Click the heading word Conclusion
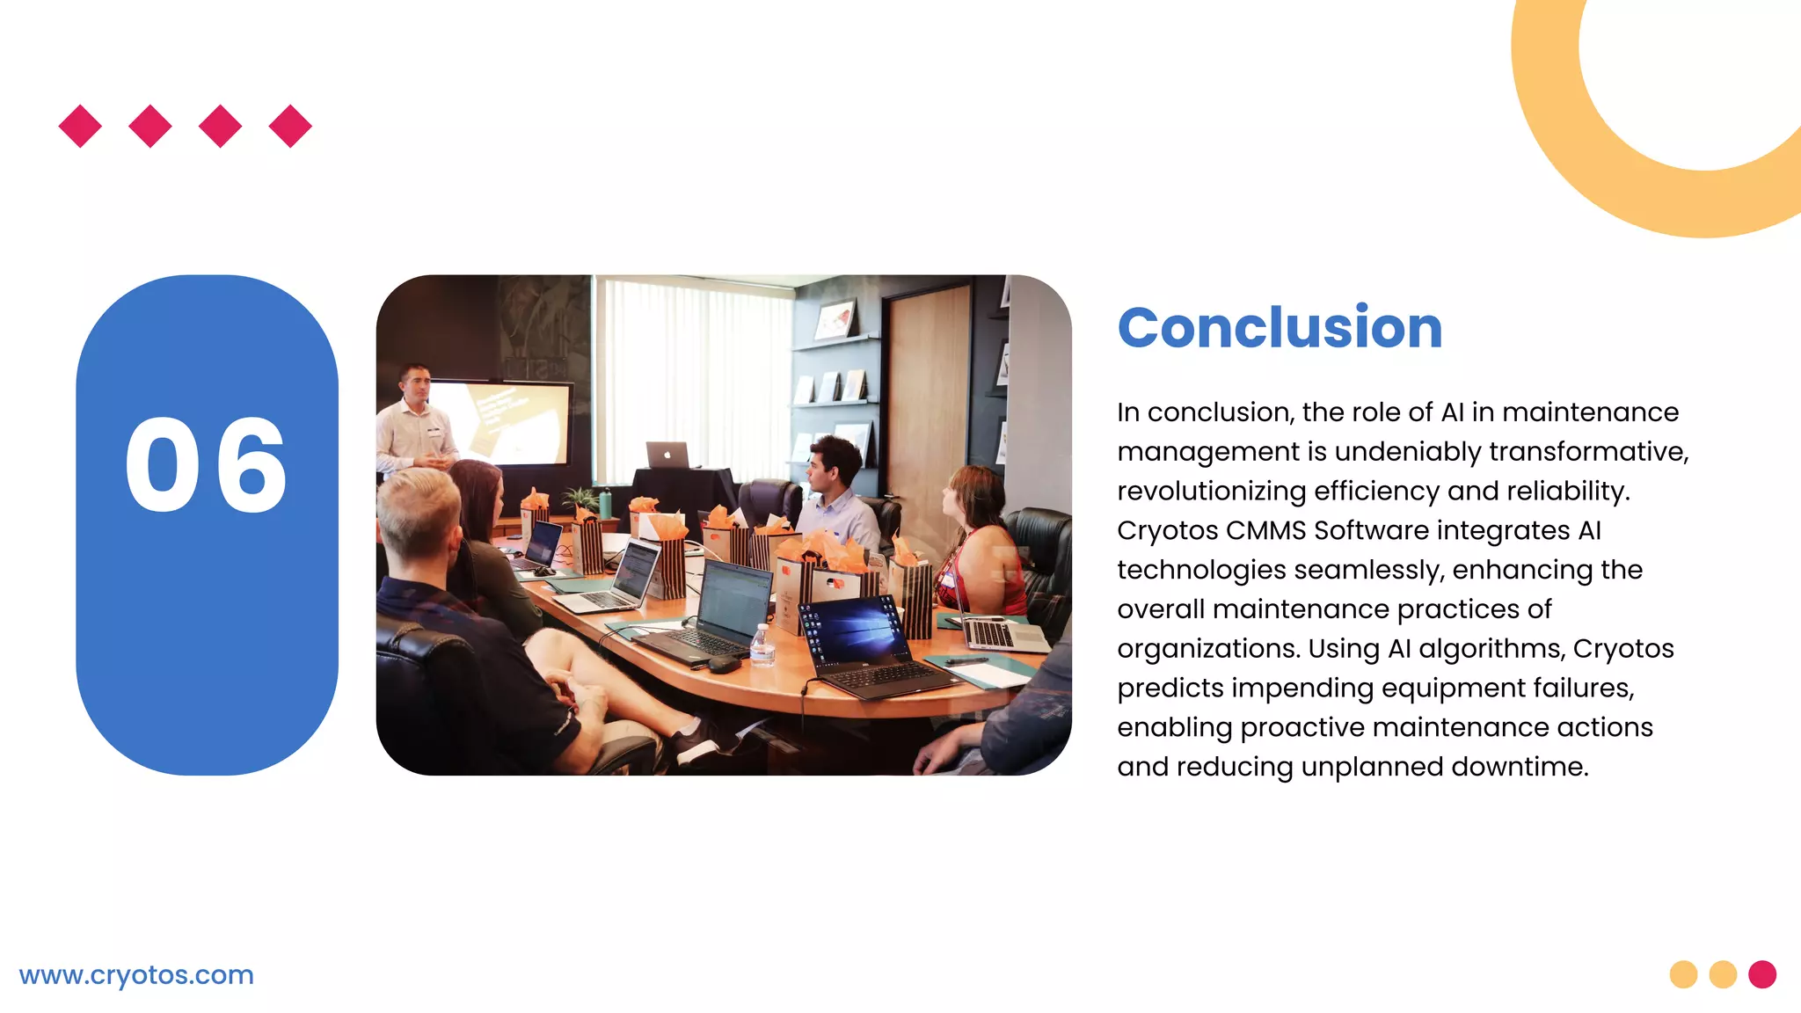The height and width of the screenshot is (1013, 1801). point(1280,328)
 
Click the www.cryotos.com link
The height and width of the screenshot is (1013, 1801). point(136,975)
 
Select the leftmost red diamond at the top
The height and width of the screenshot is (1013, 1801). point(80,127)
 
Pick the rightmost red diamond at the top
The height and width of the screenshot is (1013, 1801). point(290,127)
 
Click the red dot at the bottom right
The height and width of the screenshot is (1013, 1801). point(1762,974)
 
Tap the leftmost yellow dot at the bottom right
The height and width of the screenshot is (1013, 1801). point(1683,974)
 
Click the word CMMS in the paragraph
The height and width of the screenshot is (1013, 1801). point(1266,531)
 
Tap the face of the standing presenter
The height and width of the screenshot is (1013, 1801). point(415,384)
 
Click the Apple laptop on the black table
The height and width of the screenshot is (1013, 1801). point(667,455)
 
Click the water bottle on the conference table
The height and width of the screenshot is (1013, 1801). point(762,646)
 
